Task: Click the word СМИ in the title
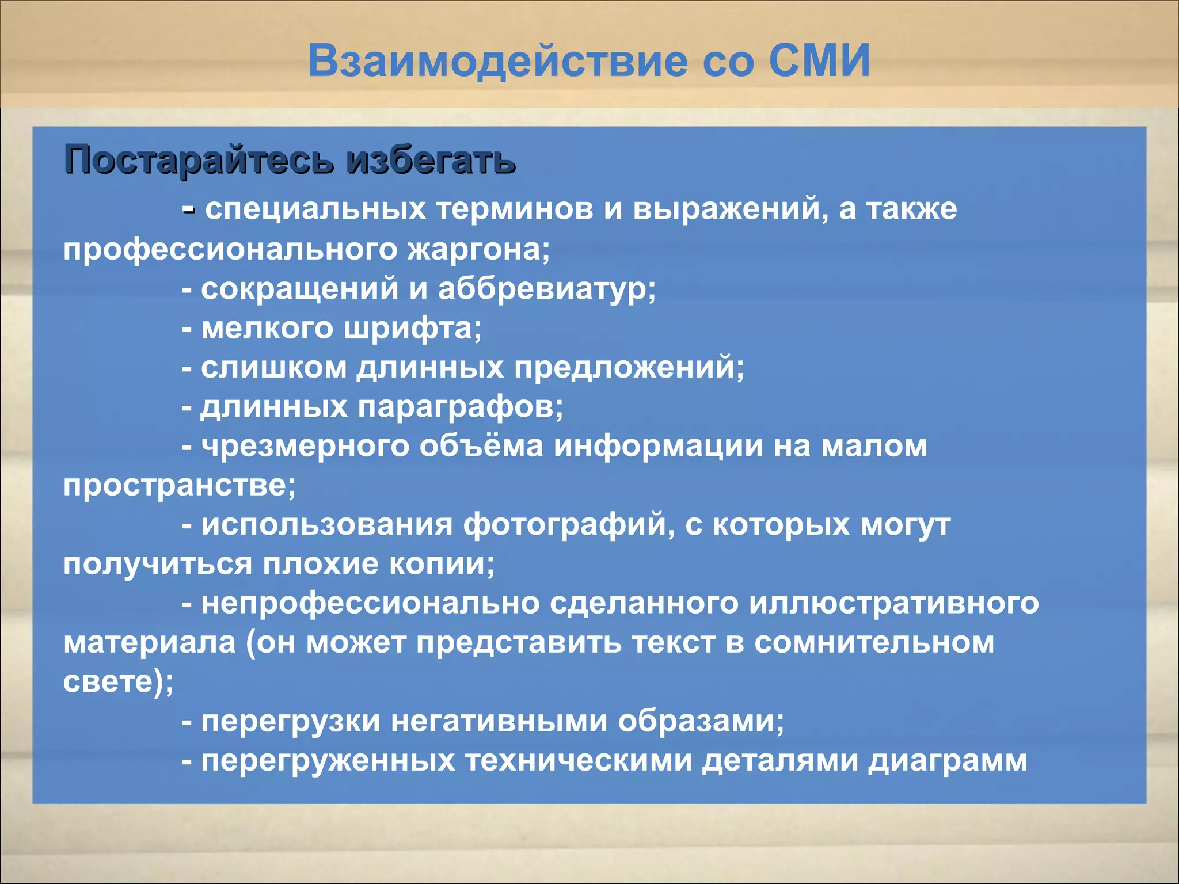point(820,60)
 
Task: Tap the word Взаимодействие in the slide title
point(498,62)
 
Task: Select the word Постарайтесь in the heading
point(199,160)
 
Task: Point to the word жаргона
point(478,250)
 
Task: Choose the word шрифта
point(412,329)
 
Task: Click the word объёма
point(481,446)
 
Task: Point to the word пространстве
point(178,485)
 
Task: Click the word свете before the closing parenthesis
point(109,682)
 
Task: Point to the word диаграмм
point(948,760)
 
